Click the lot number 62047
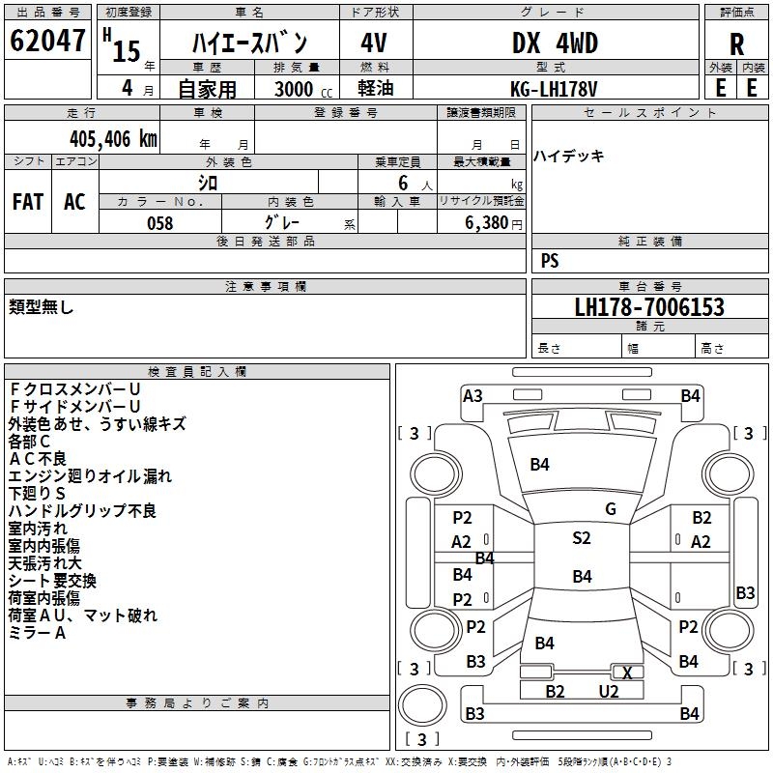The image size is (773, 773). (x=47, y=42)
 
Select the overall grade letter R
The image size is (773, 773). (x=736, y=44)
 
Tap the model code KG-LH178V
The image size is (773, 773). (x=554, y=88)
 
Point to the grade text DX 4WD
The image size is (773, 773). (x=554, y=43)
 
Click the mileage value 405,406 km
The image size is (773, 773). (x=113, y=138)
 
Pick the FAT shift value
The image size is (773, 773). (x=28, y=202)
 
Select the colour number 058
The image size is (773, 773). (x=159, y=222)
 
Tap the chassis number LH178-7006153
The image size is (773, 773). (x=648, y=307)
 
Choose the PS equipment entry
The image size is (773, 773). (x=550, y=261)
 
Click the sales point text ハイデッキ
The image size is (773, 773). (x=569, y=156)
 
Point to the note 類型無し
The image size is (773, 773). (x=42, y=307)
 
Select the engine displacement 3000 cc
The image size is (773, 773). (x=300, y=89)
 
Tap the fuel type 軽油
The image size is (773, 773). (x=375, y=88)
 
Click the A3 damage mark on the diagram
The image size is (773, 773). (x=472, y=395)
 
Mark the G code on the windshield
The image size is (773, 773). (x=610, y=509)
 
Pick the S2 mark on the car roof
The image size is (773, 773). (x=581, y=538)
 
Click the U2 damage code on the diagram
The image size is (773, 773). (x=608, y=691)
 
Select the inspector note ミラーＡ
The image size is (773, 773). (x=38, y=633)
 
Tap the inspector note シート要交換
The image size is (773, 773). (x=52, y=581)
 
